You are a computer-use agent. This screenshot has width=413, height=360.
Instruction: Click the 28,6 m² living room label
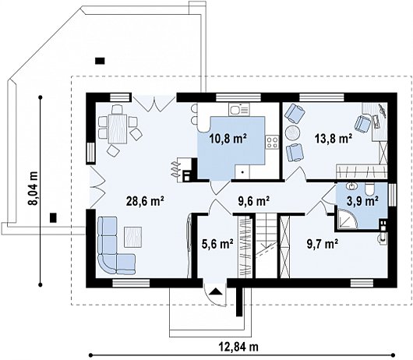pyautogui.click(x=145, y=202)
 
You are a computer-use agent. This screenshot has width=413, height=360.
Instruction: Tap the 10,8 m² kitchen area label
pyautogui.click(x=228, y=139)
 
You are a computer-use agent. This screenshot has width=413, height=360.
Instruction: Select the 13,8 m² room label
pyautogui.click(x=334, y=138)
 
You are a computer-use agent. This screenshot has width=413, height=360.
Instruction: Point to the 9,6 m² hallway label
pyautogui.click(x=254, y=202)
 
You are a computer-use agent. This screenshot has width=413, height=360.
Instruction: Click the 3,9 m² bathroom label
pyautogui.click(x=363, y=201)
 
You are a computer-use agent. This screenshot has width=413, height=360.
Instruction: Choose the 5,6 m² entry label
pyautogui.click(x=217, y=244)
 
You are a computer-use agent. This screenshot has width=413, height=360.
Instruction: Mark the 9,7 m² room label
pyautogui.click(x=323, y=244)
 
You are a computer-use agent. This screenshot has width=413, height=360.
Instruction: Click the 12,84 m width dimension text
pyautogui.click(x=238, y=347)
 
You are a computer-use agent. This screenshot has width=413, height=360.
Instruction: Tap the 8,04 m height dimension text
pyautogui.click(x=34, y=188)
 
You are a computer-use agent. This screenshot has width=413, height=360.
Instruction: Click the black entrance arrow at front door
pyautogui.click(x=215, y=291)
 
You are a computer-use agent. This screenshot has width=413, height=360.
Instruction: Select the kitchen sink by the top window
pyautogui.click(x=239, y=109)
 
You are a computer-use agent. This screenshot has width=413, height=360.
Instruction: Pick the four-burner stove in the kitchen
pyautogui.click(x=272, y=142)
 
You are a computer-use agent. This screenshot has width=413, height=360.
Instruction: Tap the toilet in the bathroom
pyautogui.click(x=370, y=189)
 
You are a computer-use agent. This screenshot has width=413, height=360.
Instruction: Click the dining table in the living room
pyautogui.click(x=118, y=129)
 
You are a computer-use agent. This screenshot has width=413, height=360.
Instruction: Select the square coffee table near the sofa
pyautogui.click(x=133, y=237)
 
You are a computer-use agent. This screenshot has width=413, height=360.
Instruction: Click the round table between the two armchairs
pyautogui.click(x=293, y=132)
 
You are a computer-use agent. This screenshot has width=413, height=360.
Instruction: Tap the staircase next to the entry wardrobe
pyautogui.click(x=267, y=245)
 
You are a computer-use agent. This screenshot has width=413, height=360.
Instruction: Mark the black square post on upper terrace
pyautogui.click(x=100, y=61)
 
